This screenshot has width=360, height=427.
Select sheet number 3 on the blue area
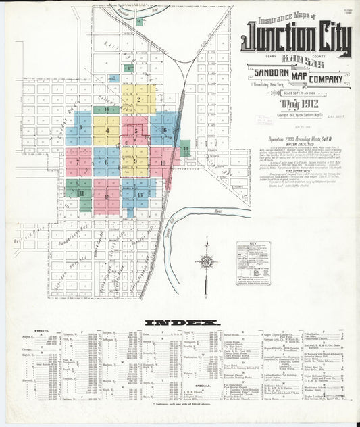tap(81, 126)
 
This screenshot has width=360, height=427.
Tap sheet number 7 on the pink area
tap(78, 162)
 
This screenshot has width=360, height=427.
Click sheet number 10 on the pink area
tap(163, 163)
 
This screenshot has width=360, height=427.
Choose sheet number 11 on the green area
tap(82, 193)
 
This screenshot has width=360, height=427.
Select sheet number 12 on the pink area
tap(107, 197)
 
